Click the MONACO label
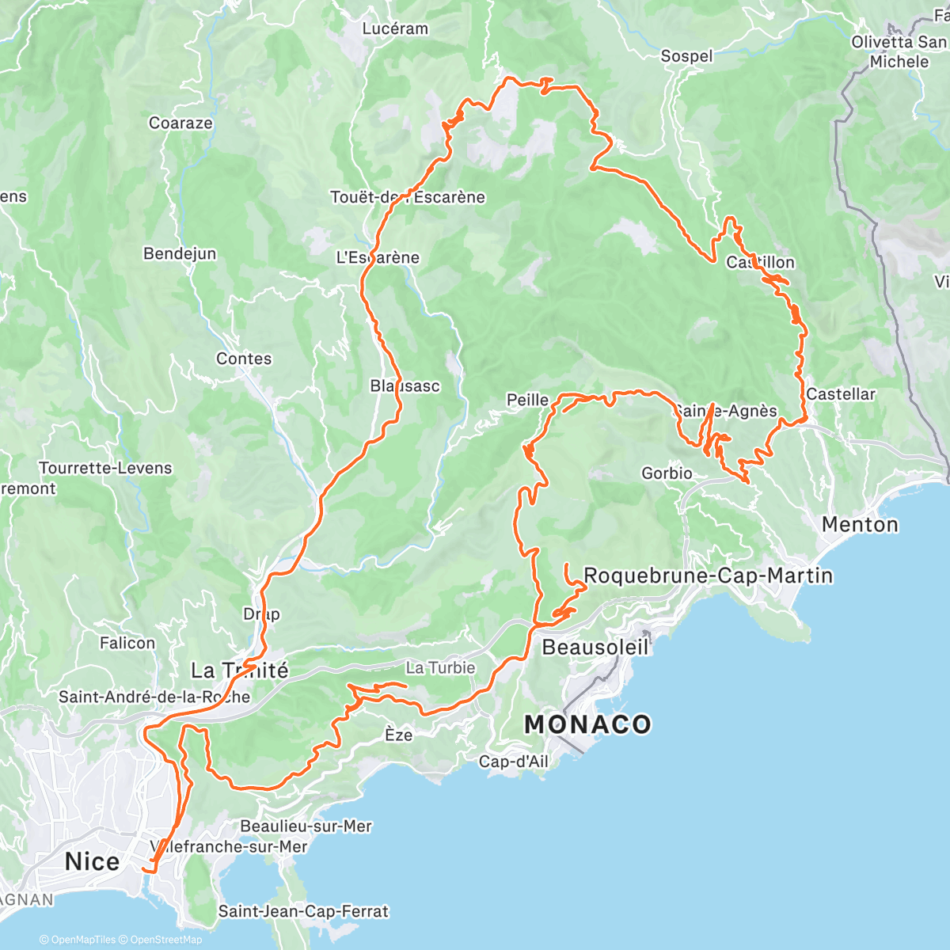click(587, 724)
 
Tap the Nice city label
click(92, 861)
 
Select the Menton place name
click(860, 524)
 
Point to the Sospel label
click(686, 56)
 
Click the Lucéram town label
click(395, 28)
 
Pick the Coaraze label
click(180, 123)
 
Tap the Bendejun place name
click(180, 253)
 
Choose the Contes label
click(244, 359)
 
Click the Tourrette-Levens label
click(105, 468)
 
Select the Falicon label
click(127, 643)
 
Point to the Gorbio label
click(667, 473)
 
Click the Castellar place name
click(841, 394)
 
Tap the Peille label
click(527, 400)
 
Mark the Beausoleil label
click(595, 647)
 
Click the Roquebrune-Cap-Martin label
click(708, 576)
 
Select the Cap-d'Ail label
click(513, 762)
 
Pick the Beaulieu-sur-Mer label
click(306, 826)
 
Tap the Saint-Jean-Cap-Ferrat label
click(303, 911)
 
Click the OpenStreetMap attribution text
click(165, 940)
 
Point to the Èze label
click(398, 735)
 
